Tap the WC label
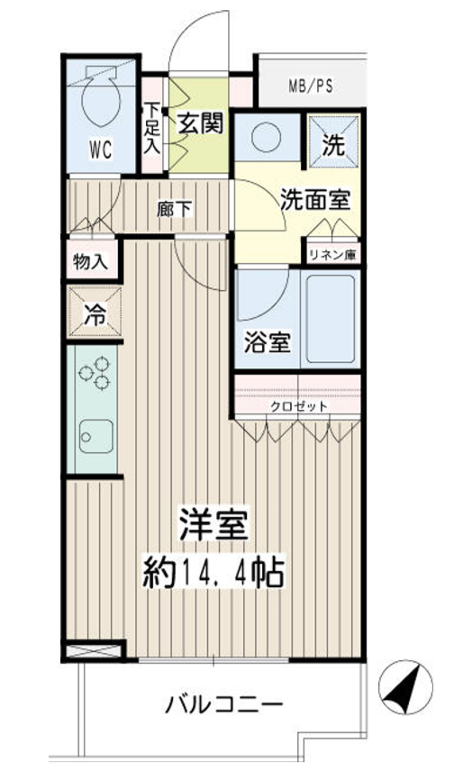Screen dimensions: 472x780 coord(101,150)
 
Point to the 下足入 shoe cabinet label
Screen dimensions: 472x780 coord(152,128)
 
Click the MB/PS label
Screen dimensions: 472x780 coord(311,86)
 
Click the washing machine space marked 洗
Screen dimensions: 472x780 coord(333,142)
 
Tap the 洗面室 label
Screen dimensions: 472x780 coord(315,199)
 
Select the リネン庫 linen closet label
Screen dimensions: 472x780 coord(332,255)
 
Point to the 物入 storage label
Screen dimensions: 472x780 coord(90,261)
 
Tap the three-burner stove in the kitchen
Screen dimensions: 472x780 coord(95,373)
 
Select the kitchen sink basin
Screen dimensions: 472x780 coord(95,436)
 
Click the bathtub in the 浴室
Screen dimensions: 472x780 coord(331,320)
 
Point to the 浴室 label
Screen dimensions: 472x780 coord(268,342)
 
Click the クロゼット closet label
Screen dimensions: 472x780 coord(299,406)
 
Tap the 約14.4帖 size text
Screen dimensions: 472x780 coord(213,574)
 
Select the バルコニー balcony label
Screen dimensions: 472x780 coord(224,704)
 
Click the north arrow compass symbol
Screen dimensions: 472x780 coord(404,687)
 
